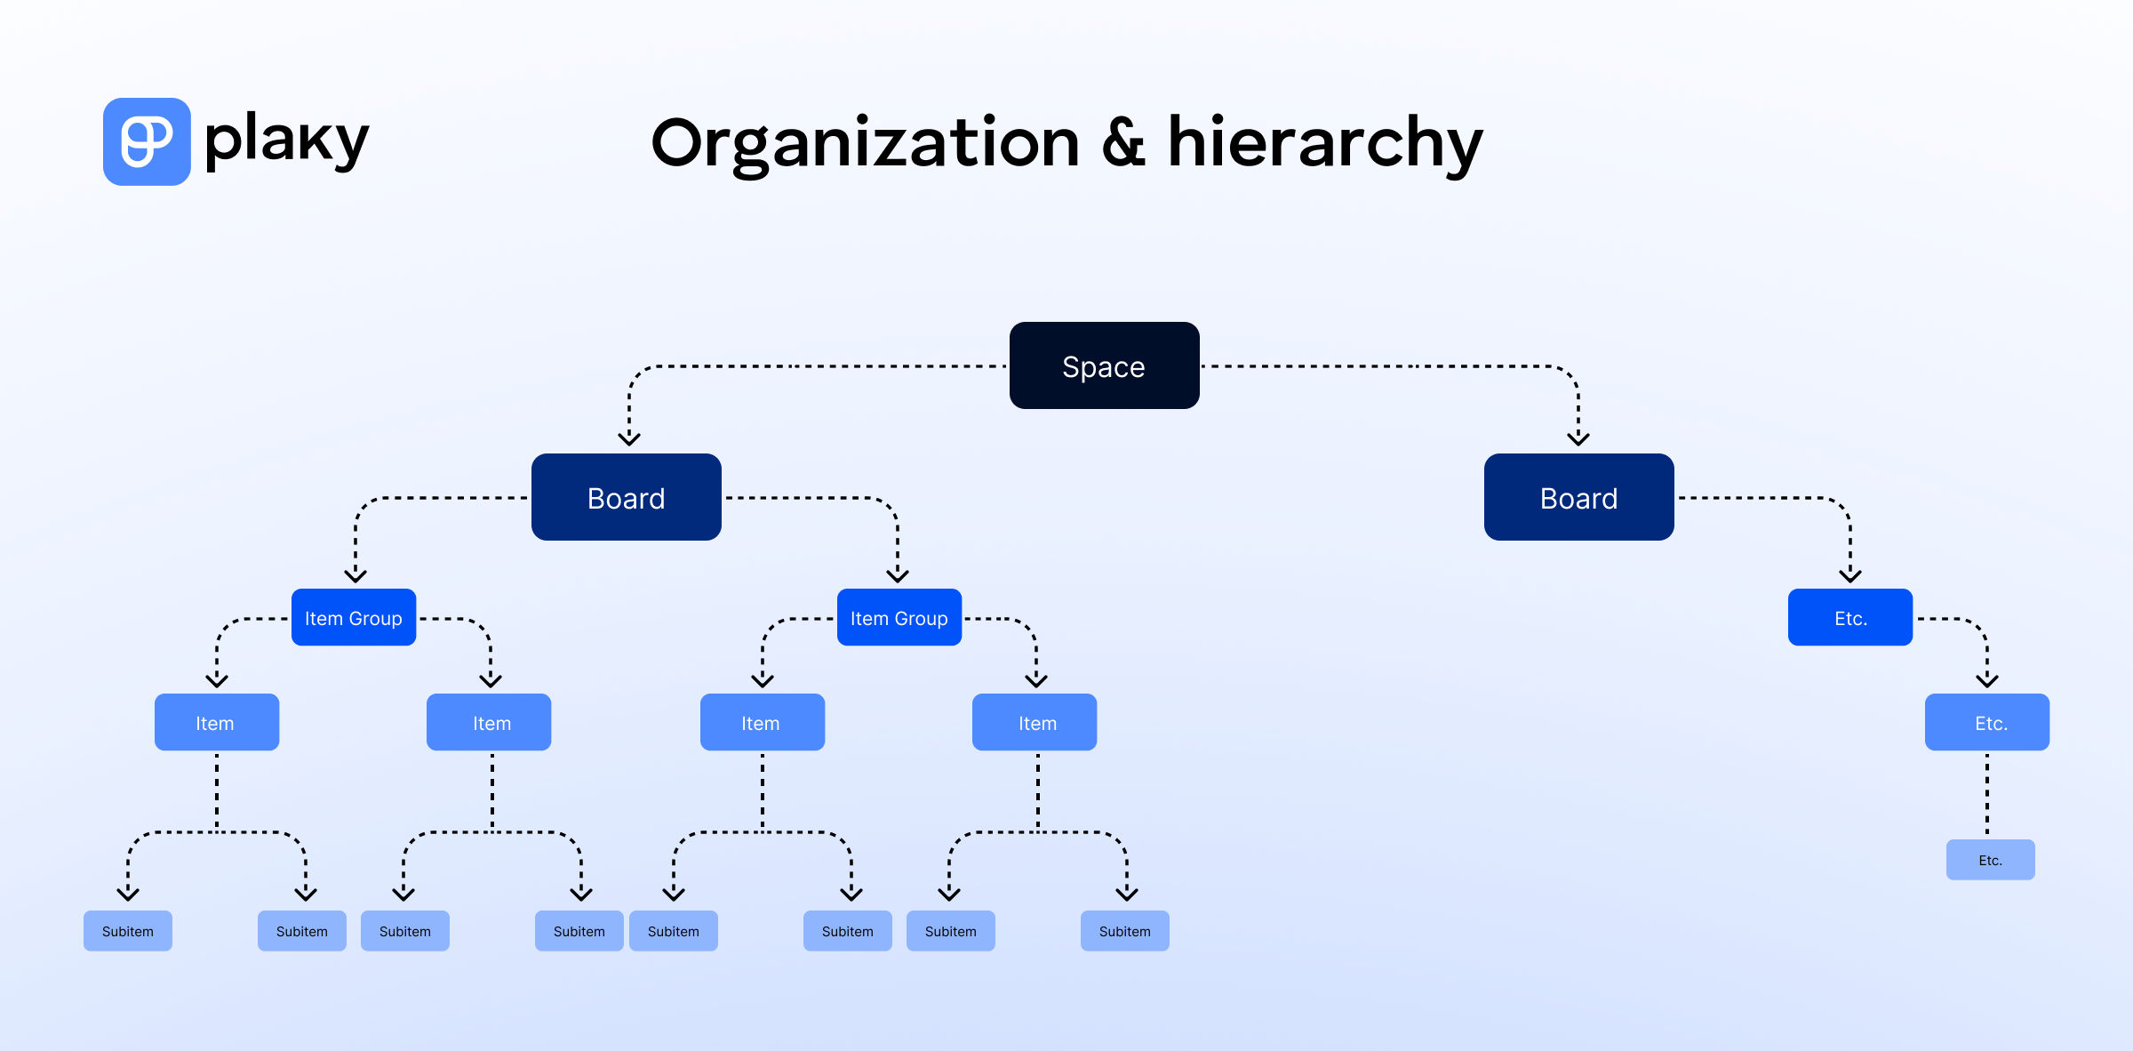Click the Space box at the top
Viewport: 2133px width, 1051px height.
coord(1104,365)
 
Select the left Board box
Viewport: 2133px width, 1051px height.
coord(626,497)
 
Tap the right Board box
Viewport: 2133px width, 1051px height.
coord(1578,497)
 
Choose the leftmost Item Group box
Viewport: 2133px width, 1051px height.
coord(353,617)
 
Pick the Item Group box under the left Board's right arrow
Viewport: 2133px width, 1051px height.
coord(899,617)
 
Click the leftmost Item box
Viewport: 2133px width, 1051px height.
coord(216,722)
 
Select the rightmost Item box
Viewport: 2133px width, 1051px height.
coord(1034,722)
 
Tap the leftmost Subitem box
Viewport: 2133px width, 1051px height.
coord(127,931)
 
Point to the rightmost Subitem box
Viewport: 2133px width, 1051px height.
coord(1124,931)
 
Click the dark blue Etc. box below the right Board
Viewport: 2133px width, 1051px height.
coord(1849,617)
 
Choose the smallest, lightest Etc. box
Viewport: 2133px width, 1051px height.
coord(1990,860)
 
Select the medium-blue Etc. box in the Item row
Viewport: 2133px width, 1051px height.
coord(1986,722)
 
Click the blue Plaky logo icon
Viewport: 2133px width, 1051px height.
coord(147,141)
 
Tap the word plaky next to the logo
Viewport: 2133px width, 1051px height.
coord(286,140)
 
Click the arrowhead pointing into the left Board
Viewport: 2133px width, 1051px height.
coord(629,438)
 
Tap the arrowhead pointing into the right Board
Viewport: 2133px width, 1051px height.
coord(1578,438)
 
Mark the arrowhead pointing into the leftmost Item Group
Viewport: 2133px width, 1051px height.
coord(355,575)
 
